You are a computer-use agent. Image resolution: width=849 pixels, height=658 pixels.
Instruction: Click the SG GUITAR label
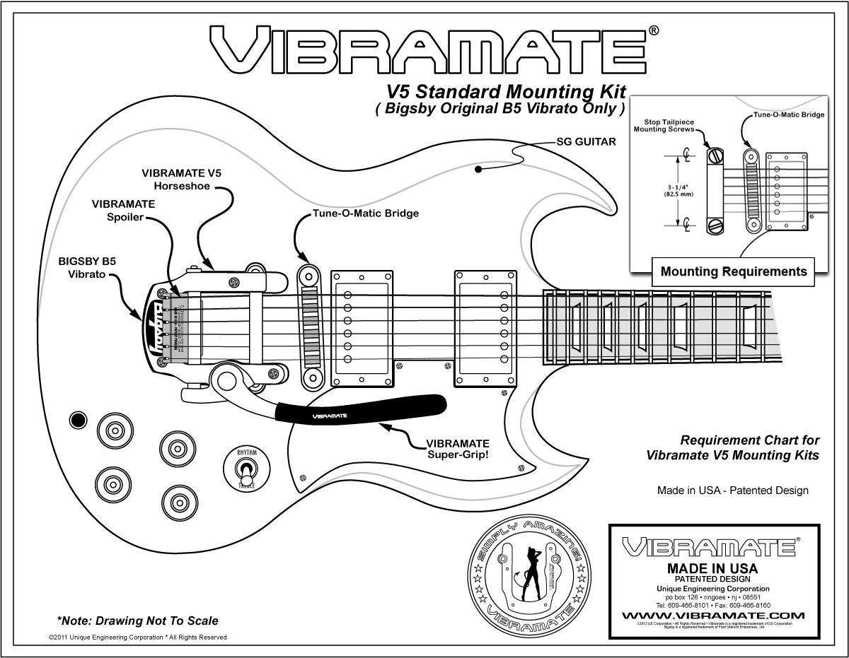coord(585,141)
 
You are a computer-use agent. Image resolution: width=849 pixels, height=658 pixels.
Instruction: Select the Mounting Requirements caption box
coord(733,271)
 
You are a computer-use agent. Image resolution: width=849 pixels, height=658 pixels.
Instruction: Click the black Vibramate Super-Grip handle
coord(361,410)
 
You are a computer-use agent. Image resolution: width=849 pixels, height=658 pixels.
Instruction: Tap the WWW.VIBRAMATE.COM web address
coord(713,616)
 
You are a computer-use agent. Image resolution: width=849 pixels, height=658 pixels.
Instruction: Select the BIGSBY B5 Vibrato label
coord(87,267)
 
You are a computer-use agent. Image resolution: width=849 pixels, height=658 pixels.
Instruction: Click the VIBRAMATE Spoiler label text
coord(123,210)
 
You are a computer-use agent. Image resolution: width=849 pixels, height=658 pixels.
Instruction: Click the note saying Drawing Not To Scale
coord(137,621)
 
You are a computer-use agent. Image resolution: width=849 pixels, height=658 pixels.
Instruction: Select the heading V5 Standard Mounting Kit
coord(505,92)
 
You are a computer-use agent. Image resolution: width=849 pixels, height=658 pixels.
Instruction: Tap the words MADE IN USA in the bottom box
coord(712,568)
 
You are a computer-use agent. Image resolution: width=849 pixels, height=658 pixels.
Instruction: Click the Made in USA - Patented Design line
coord(732,490)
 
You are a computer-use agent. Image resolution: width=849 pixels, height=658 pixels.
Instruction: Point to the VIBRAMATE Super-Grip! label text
coord(457,449)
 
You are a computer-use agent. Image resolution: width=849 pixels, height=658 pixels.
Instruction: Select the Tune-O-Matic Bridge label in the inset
coord(788,114)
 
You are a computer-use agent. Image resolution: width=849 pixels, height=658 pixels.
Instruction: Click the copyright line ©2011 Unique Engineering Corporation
coord(137,637)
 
